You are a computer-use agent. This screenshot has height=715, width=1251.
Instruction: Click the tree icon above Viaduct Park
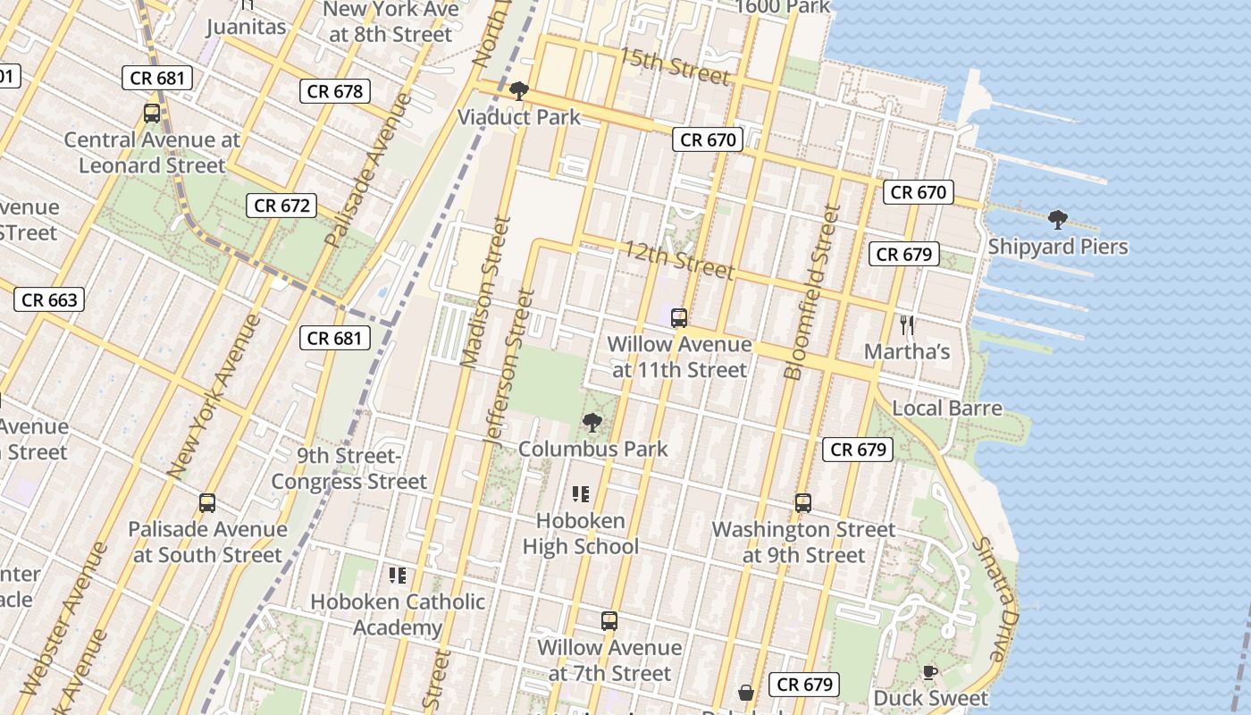coord(517,91)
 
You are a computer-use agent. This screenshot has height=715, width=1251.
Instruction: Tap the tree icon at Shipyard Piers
coord(1057,219)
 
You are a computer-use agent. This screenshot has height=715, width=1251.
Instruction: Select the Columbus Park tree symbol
coord(592,422)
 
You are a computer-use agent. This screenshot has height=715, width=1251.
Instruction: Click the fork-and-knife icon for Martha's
coord(907,324)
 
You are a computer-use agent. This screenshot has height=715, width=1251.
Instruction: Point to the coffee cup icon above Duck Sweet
coord(929,672)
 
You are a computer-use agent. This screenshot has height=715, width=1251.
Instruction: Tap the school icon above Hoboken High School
coord(580,493)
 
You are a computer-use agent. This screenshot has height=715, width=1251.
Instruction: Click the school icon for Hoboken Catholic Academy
coord(398,575)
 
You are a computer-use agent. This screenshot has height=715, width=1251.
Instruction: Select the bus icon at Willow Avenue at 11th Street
coord(679,317)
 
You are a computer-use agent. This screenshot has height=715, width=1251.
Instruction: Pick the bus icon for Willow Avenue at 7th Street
coord(609,620)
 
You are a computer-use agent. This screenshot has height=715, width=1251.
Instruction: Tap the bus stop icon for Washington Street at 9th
coord(802,503)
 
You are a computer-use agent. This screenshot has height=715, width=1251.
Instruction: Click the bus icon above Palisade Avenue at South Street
coord(207,503)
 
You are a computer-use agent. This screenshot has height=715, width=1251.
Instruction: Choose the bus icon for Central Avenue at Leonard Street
coord(152,114)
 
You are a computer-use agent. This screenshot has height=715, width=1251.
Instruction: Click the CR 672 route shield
coord(282,206)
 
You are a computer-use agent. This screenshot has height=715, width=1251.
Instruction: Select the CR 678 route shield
coord(335,91)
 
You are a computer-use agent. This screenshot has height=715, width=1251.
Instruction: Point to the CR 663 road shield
coord(49,299)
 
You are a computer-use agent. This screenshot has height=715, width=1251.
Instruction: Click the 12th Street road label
coord(679,259)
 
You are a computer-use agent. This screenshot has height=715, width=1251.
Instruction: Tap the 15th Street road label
coord(675,65)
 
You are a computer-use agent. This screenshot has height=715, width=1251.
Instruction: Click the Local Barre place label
coord(947,408)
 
